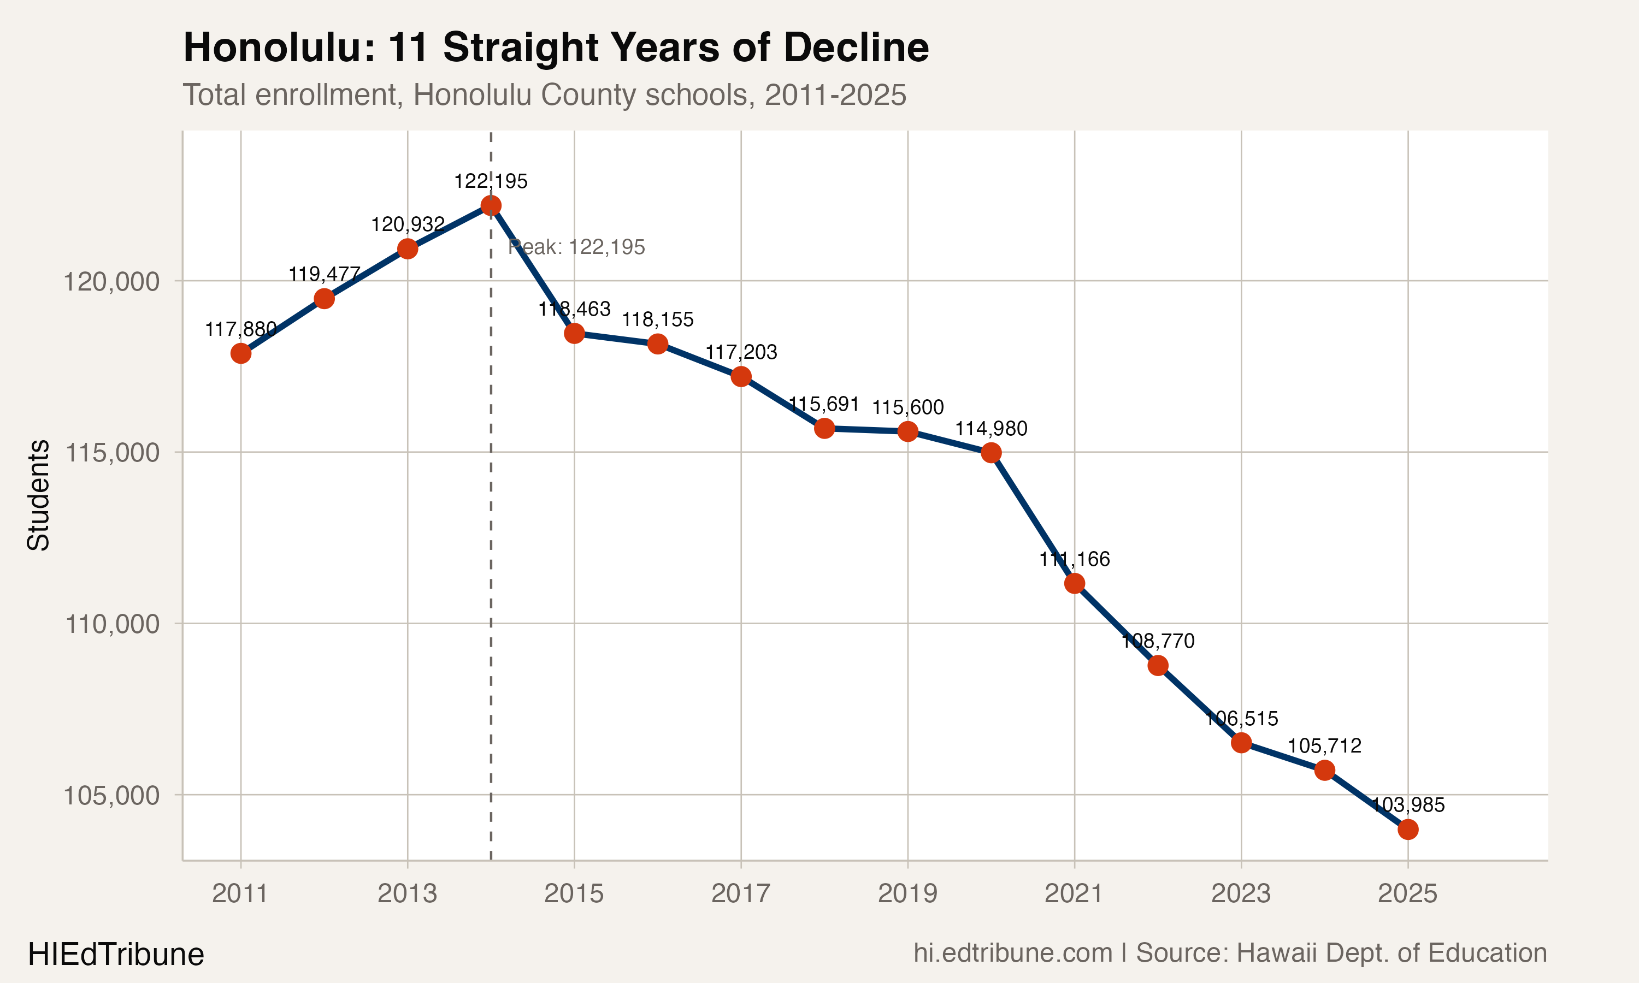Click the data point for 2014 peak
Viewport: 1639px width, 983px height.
point(491,205)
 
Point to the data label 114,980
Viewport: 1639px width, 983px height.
point(991,429)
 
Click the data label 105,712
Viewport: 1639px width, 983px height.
point(1324,747)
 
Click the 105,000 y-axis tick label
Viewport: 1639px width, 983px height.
point(111,796)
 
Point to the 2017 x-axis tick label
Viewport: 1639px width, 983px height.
point(741,893)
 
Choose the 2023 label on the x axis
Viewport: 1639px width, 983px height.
point(1241,893)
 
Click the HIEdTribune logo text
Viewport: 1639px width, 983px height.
point(116,955)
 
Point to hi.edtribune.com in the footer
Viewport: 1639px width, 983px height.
point(1013,953)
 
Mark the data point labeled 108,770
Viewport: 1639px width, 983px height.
point(1158,665)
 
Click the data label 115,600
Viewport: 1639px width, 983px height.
point(907,407)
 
